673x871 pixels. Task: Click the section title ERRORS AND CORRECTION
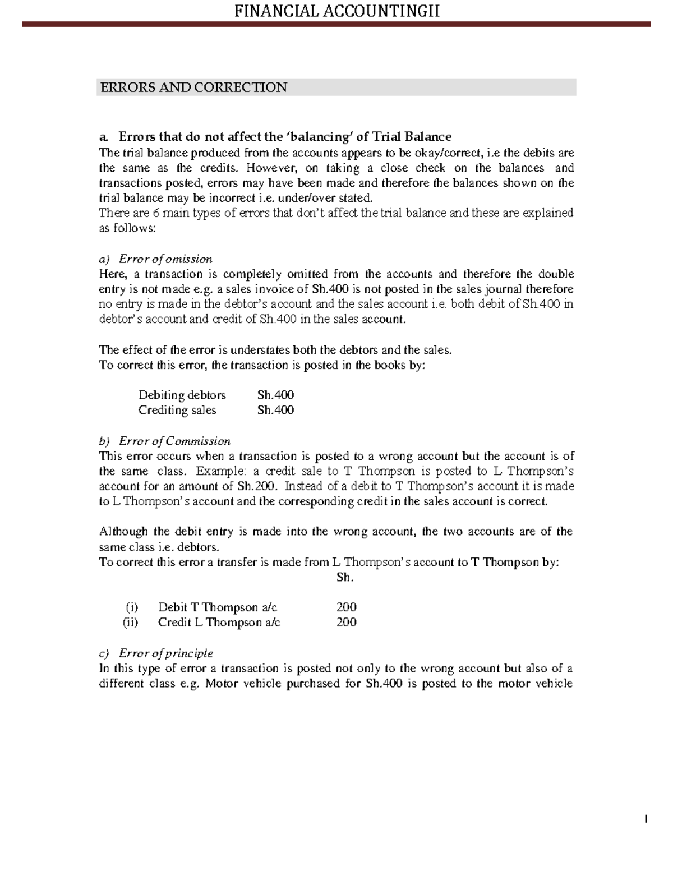[193, 87]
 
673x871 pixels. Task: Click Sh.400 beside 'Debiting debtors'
[275, 395]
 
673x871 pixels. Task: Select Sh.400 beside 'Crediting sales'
[275, 410]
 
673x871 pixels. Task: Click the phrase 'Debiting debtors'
[182, 395]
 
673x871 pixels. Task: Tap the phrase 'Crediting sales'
[177, 410]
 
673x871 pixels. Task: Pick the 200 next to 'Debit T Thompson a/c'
[346, 607]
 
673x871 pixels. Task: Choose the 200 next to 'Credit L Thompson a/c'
[346, 622]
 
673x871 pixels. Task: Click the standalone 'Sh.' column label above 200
[345, 577]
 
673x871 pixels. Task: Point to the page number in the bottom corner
[646, 820]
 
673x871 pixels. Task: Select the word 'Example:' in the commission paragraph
[218, 471]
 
